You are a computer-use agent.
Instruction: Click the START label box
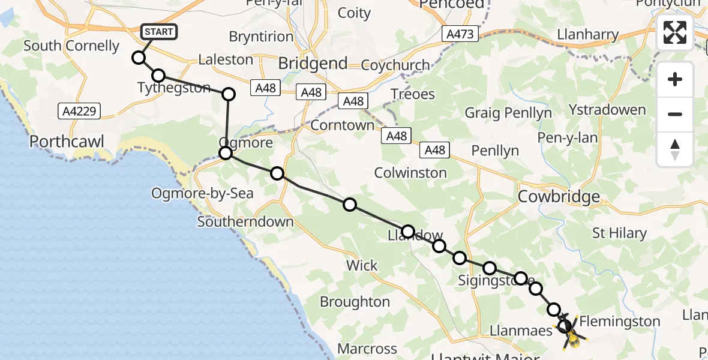[159, 32]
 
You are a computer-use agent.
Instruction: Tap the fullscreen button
[675, 32]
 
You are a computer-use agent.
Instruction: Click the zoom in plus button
[675, 79]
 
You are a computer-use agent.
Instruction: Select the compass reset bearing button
[675, 149]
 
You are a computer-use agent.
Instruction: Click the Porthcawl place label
[67, 142]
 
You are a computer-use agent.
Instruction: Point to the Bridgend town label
[313, 64]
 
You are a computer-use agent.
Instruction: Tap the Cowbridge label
[559, 196]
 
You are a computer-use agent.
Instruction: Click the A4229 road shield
[80, 110]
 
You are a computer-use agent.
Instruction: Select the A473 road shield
[461, 34]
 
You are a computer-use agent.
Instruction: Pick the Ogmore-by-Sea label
[202, 193]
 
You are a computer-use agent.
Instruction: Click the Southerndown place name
[245, 222]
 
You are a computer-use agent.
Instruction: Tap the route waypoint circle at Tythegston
[158, 76]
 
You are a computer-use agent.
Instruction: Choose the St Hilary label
[619, 233]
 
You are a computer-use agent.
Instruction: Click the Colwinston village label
[410, 173]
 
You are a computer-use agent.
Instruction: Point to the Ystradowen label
[607, 110]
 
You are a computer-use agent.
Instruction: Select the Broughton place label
[355, 301]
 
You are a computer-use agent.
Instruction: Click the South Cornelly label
[71, 46]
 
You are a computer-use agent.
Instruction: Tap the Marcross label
[367, 349]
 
